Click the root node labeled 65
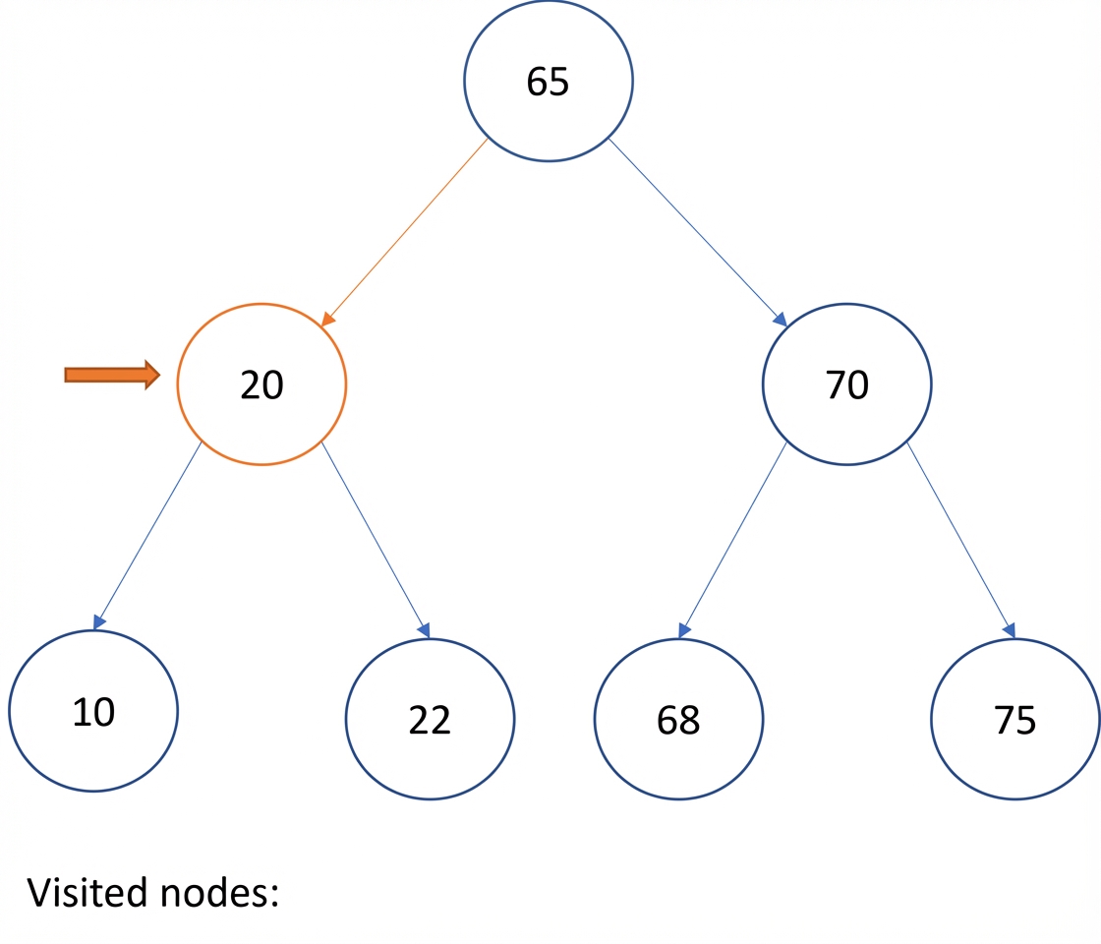pyautogui.click(x=549, y=81)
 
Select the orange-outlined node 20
pyautogui.click(x=261, y=384)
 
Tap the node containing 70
pyautogui.click(x=846, y=384)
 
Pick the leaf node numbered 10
pyautogui.click(x=93, y=711)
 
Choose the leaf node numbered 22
pyautogui.click(x=430, y=719)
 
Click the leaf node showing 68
pyautogui.click(x=678, y=719)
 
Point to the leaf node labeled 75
pyautogui.click(x=1015, y=719)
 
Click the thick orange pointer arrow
pyautogui.click(x=112, y=375)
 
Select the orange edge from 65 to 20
pyautogui.click(x=404, y=232)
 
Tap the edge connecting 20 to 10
pyautogui.click(x=147, y=535)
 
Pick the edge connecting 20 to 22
pyautogui.click(x=376, y=540)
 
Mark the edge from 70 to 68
pyautogui.click(x=733, y=540)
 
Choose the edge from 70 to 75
pyautogui.click(x=961, y=540)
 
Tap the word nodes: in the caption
pyautogui.click(x=220, y=893)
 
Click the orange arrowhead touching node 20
pyautogui.click(x=328, y=319)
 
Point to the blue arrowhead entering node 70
pyautogui.click(x=781, y=319)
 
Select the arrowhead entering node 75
pyautogui.click(x=1010, y=630)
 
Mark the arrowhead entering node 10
pyautogui.click(x=99, y=621)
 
